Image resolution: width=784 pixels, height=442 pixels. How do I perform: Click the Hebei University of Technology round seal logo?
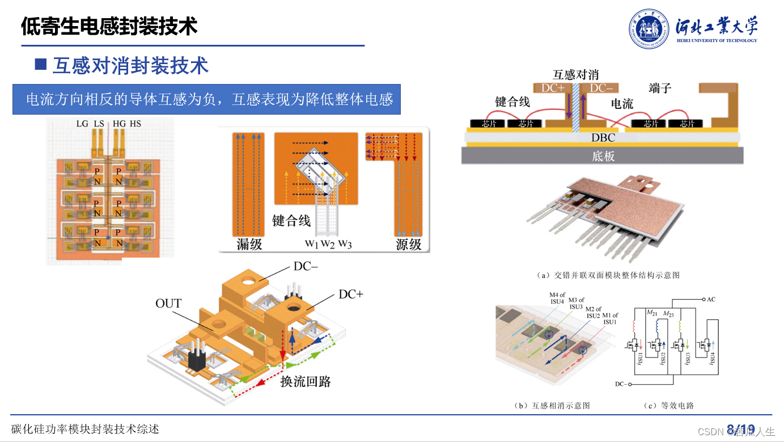point(649,28)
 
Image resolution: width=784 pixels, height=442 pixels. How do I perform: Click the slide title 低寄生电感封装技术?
point(109,26)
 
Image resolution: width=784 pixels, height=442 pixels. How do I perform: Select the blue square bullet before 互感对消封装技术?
point(40,64)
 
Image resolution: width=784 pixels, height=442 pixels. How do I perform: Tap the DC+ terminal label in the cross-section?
point(553,88)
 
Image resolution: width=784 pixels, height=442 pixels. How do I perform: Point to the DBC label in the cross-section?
point(603,137)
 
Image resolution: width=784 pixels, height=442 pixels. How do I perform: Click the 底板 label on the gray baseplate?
point(603,156)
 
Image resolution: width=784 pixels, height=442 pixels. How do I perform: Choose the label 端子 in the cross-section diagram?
point(660,88)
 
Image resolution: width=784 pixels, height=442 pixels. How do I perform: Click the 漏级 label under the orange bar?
point(249,245)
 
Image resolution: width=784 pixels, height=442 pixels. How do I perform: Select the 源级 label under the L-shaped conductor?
point(409,245)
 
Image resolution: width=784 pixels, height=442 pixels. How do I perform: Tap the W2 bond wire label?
point(328,245)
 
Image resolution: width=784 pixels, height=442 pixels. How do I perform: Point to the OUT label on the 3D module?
point(168,304)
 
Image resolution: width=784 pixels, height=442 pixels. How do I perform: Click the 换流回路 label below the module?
point(306,381)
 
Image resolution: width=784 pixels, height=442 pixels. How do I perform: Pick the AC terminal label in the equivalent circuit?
point(711,299)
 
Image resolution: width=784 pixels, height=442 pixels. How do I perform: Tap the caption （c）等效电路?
point(669,406)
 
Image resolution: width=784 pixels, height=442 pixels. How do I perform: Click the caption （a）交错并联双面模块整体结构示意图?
point(608,275)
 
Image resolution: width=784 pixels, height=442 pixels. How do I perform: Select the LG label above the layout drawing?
point(82,123)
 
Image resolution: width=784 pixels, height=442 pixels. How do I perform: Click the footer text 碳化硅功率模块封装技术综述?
point(85,429)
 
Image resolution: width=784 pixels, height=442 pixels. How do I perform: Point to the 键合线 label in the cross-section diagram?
point(512,102)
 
